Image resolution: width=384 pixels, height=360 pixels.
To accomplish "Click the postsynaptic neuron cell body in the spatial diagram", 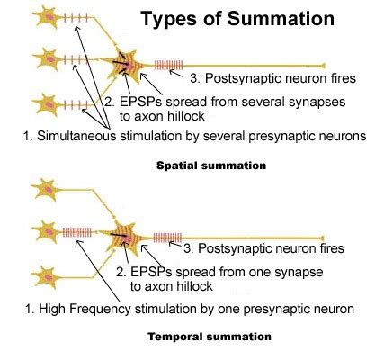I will click(x=122, y=67).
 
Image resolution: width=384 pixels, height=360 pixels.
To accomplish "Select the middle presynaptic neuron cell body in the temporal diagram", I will click(x=45, y=231).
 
